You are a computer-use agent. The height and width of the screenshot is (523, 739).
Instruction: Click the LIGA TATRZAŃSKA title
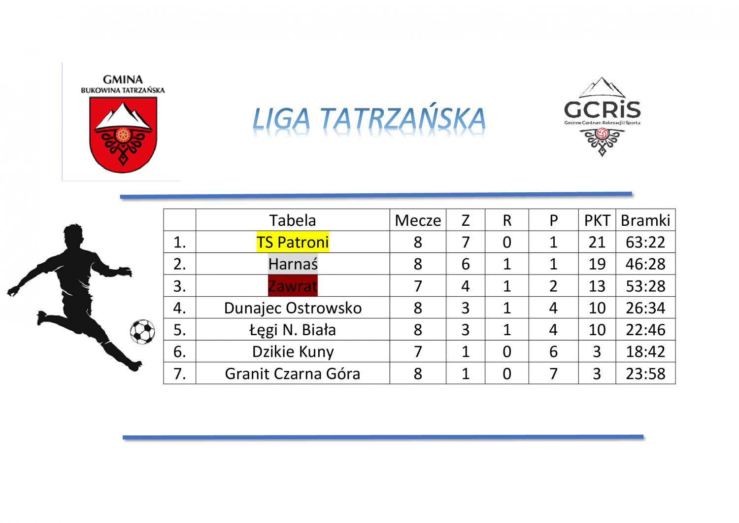pyautogui.click(x=369, y=118)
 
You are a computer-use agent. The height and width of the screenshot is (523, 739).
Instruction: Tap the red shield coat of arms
pyautogui.click(x=123, y=135)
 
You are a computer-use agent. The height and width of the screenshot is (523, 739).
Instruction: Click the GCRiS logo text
pyautogui.click(x=602, y=109)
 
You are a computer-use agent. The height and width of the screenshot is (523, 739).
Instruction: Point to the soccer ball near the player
pyautogui.click(x=142, y=332)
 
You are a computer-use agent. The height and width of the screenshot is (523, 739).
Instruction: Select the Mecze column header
pyautogui.click(x=418, y=220)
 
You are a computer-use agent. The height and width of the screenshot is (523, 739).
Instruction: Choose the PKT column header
pyautogui.click(x=597, y=220)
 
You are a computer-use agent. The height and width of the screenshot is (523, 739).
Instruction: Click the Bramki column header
pyautogui.click(x=645, y=220)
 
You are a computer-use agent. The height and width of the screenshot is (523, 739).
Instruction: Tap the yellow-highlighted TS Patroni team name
pyautogui.click(x=293, y=242)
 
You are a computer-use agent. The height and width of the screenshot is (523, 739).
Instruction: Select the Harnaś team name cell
pyautogui.click(x=293, y=264)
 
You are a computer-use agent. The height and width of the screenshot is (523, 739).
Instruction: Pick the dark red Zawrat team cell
pyautogui.click(x=293, y=285)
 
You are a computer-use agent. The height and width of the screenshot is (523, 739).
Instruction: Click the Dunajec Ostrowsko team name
pyautogui.click(x=293, y=308)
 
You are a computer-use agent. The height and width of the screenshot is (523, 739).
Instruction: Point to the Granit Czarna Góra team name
pyautogui.click(x=293, y=374)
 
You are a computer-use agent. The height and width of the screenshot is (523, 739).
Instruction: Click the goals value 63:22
pyautogui.click(x=645, y=243)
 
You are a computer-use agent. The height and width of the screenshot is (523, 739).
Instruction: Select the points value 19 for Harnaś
pyautogui.click(x=597, y=264)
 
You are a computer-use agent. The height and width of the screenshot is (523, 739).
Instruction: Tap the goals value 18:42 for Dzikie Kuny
pyautogui.click(x=645, y=351)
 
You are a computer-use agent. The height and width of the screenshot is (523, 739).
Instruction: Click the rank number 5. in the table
pyautogui.click(x=179, y=330)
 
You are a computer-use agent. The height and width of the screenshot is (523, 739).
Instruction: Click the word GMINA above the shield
pyautogui.click(x=123, y=79)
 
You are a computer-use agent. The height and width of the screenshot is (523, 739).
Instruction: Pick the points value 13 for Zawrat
pyautogui.click(x=597, y=286)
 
